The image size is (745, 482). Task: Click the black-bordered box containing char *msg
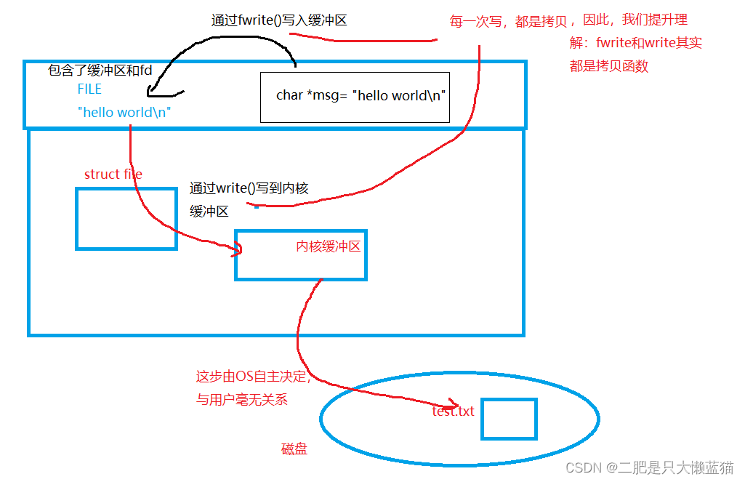point(355,97)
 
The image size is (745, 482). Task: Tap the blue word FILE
point(89,89)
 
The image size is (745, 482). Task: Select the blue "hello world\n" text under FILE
point(124,112)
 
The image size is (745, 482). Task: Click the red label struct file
point(113,174)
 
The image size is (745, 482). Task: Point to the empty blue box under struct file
point(126,219)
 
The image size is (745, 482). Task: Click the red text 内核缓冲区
point(328,246)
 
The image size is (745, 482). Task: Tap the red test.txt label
point(453,411)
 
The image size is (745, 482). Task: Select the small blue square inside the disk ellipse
point(509,419)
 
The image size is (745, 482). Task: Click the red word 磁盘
point(294,449)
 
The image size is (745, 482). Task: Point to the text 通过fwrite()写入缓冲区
point(279,20)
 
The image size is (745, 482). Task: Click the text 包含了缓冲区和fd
point(100,71)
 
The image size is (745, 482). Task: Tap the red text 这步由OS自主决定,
point(253,377)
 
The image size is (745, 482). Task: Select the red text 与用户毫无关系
point(242,399)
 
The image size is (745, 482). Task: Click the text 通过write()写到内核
point(249,188)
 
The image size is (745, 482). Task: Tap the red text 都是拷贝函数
point(608,66)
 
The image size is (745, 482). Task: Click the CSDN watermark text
point(649,467)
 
